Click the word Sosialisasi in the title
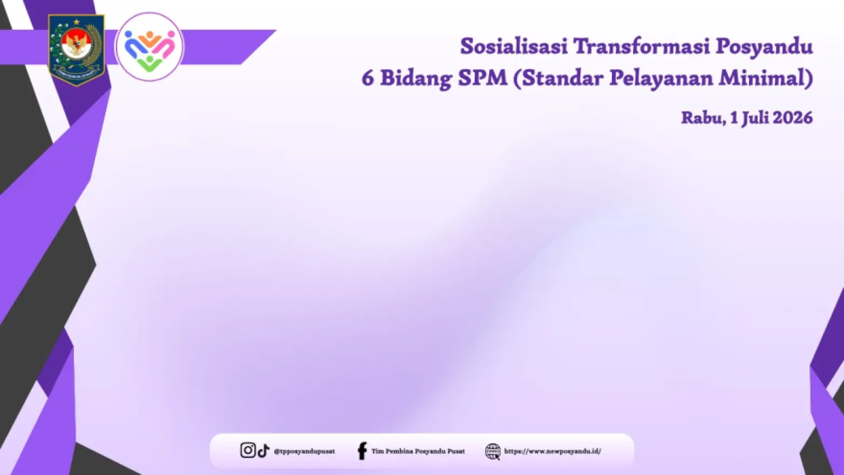coord(514,47)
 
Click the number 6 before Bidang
coord(367,78)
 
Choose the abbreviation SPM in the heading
coord(483,78)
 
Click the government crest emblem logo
coord(77,50)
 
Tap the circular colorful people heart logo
coord(149,47)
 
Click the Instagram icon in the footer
coord(248,450)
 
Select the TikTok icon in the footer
coord(263,451)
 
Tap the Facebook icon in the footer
coord(362,451)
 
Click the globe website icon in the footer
coord(493,451)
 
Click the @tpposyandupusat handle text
coord(304,451)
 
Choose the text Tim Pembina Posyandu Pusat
coord(418,451)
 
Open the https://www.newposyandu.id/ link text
coord(553,451)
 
